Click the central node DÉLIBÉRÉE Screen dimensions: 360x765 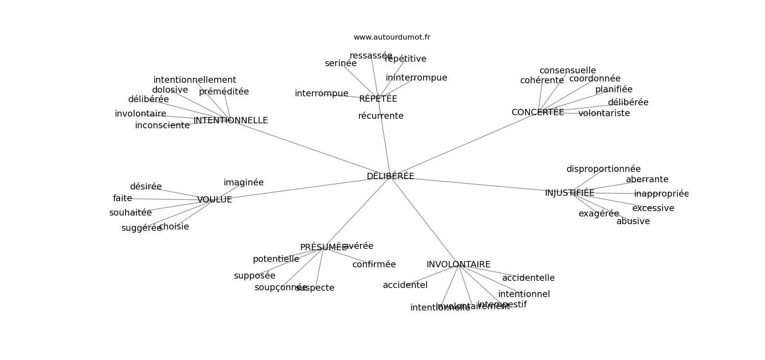point(390,176)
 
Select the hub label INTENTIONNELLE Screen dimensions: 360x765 point(230,121)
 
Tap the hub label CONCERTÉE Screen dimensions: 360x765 point(538,112)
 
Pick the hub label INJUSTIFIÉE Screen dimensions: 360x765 point(569,193)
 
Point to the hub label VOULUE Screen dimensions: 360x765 point(214,200)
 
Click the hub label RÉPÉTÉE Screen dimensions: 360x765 point(378,99)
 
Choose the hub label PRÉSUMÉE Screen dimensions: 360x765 point(323,247)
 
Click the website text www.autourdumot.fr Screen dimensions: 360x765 point(391,37)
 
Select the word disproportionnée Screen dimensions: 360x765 point(603,169)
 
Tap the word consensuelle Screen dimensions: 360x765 point(567,71)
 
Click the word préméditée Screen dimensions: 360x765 point(224,92)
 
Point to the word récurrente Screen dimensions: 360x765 point(381,116)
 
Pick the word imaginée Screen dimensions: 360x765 point(243,183)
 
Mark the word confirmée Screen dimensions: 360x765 point(374,265)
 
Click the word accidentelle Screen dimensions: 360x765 point(528,278)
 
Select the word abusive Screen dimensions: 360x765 point(633,221)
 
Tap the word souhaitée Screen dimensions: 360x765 point(130,213)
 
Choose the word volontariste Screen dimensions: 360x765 point(604,113)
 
